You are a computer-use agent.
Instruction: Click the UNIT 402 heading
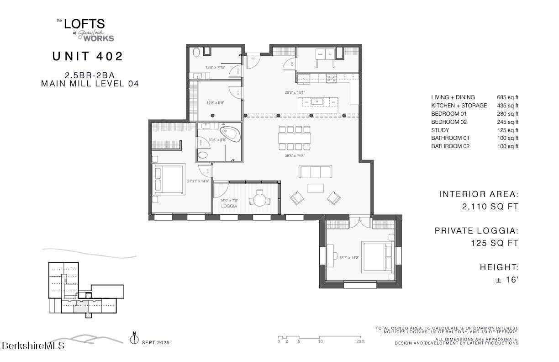[x=88, y=57]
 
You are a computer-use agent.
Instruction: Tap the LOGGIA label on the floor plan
[x=229, y=206]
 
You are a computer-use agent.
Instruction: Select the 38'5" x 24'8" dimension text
[x=295, y=155]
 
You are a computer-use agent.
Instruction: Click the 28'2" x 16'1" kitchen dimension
[x=295, y=92]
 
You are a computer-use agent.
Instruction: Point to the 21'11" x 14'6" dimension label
[x=198, y=181]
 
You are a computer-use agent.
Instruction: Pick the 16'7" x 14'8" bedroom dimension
[x=349, y=258]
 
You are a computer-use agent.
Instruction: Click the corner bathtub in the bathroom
[x=228, y=133]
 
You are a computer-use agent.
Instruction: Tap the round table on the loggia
[x=260, y=200]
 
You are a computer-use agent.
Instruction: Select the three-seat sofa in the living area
[x=315, y=172]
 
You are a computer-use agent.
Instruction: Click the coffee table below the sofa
[x=315, y=188]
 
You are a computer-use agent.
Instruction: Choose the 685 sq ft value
[x=507, y=97]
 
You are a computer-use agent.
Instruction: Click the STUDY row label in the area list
[x=440, y=130]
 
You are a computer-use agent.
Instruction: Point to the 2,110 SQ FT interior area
[x=490, y=207]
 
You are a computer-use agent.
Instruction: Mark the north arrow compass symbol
[x=134, y=340]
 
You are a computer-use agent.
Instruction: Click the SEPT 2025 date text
[x=155, y=342]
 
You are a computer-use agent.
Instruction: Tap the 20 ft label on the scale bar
[x=360, y=341]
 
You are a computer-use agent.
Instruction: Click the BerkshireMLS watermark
[x=33, y=346]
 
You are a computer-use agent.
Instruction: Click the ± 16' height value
[x=507, y=280]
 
